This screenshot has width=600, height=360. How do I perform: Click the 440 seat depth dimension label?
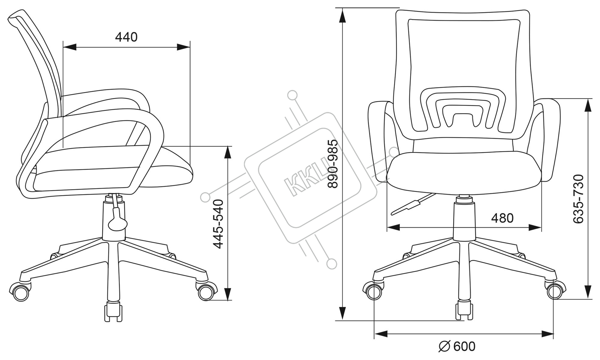pyautogui.click(x=126, y=37)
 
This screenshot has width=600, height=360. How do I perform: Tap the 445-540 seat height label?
pyautogui.click(x=218, y=224)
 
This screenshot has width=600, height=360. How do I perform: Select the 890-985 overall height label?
pyautogui.click(x=333, y=164)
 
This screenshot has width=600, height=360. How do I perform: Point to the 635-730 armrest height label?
pyautogui.click(x=578, y=199)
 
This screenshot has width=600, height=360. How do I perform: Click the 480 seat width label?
pyautogui.click(x=502, y=218)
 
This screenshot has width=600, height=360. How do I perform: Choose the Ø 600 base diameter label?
pyautogui.click(x=457, y=347)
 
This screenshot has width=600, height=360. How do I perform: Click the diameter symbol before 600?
pyautogui.click(x=445, y=347)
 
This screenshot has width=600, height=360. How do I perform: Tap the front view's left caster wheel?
pyautogui.click(x=373, y=290)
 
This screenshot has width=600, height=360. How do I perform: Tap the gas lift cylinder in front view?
pyautogui.click(x=464, y=221)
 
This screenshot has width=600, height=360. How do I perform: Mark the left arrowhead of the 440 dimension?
pyautogui.click(x=69, y=47)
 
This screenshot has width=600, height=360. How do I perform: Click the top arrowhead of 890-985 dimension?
pyautogui.click(x=342, y=15)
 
